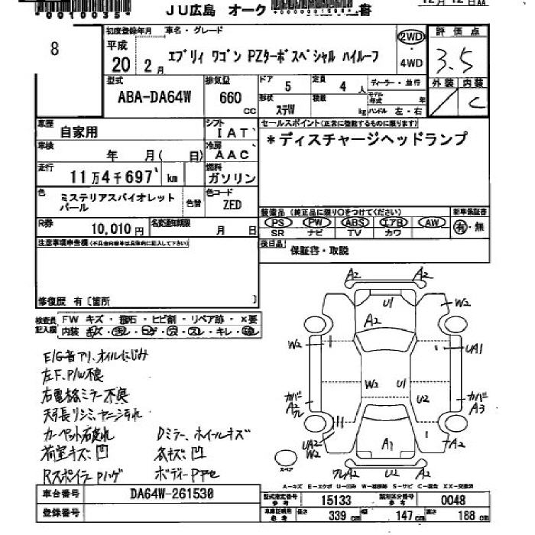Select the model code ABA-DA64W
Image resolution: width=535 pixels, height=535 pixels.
coord(144,99)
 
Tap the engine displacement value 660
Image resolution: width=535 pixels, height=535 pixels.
coord(230,98)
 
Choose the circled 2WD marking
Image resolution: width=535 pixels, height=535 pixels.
coord(410,38)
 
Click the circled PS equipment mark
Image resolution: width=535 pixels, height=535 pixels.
coord(278,222)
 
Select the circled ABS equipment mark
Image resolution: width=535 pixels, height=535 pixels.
coord(355,222)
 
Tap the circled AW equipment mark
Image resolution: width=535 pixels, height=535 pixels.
coord(432,222)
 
